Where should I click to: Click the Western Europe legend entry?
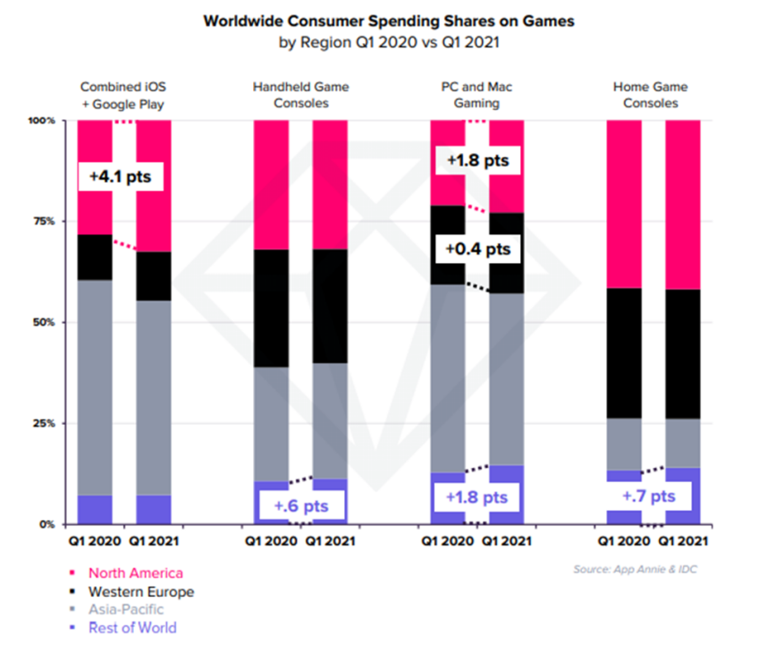[x=140, y=591]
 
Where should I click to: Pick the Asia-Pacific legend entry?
[x=126, y=609]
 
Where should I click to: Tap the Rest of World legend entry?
[x=132, y=627]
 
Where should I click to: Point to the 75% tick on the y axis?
[x=45, y=221]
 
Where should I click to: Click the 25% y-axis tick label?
[x=45, y=422]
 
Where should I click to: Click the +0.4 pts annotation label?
[x=475, y=248]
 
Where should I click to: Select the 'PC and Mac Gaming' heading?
[x=476, y=95]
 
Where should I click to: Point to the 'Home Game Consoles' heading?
[x=653, y=95]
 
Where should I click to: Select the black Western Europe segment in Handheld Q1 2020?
[x=271, y=308]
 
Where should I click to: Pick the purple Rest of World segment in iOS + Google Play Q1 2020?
[x=95, y=509]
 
